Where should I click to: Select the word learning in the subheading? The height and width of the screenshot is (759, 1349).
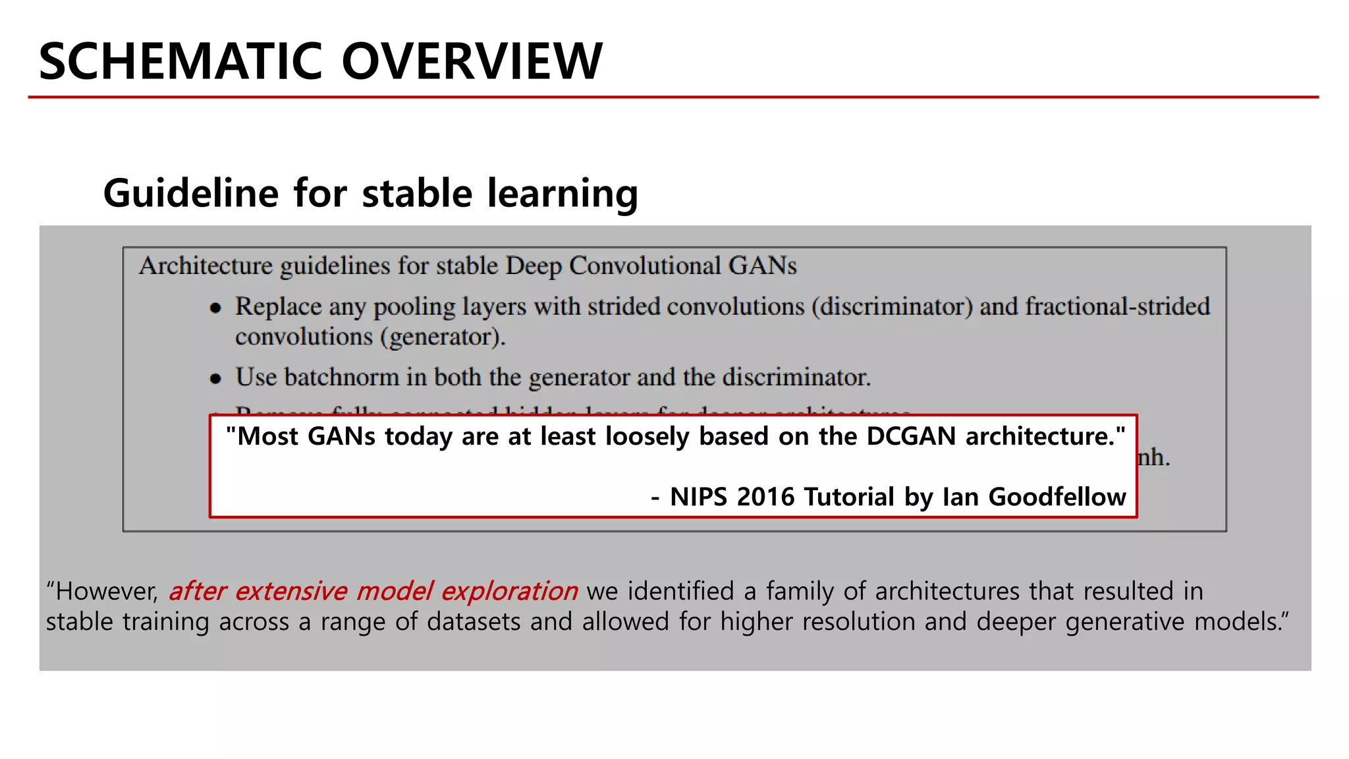[x=563, y=194]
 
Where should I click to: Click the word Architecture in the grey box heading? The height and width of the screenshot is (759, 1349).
[x=206, y=266]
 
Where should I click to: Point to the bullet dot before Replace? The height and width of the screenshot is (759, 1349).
[x=215, y=308]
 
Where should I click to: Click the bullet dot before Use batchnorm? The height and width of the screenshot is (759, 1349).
[x=215, y=378]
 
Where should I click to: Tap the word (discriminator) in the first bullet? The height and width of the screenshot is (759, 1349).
[x=892, y=306]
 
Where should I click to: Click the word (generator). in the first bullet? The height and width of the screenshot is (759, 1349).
[x=443, y=337]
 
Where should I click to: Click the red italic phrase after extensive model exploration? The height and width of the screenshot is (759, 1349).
[x=373, y=591]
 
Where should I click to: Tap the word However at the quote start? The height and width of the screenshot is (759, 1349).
[x=106, y=591]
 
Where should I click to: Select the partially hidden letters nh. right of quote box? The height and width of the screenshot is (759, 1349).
[x=1154, y=457]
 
